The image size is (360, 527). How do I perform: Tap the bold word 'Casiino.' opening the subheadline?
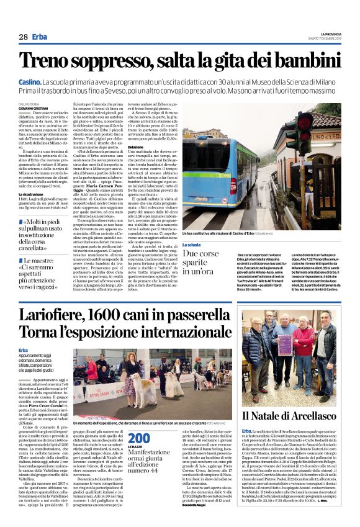(29, 82)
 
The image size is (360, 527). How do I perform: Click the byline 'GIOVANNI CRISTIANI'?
(34, 109)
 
